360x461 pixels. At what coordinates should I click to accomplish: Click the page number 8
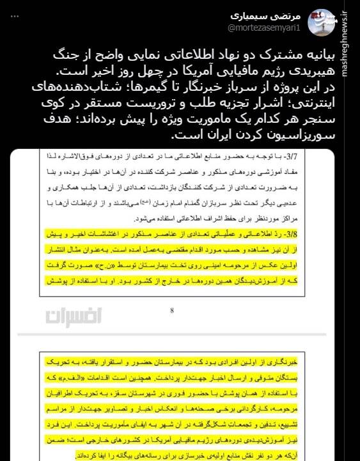172,311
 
